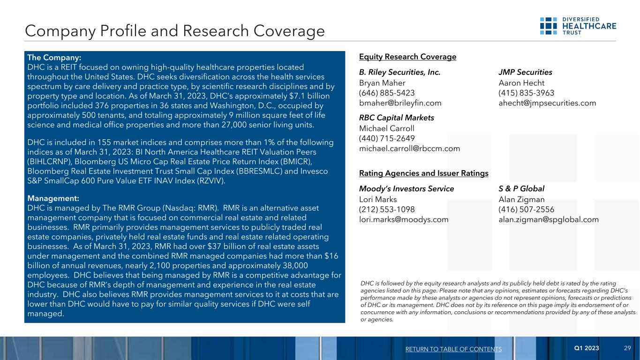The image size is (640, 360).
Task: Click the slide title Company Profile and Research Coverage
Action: pos(175,31)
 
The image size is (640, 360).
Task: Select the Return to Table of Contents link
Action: pos(452,349)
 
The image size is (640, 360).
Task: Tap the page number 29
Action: pos(627,348)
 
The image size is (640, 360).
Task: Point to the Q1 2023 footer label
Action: pos(587,348)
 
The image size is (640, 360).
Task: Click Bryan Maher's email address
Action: pos(400,103)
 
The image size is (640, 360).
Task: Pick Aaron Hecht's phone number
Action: pos(526,93)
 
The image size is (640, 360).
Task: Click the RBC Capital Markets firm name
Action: pos(396,118)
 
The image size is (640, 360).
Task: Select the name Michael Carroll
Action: pos(386,128)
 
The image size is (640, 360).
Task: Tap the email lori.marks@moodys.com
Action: pos(403,219)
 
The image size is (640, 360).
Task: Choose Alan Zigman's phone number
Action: pos(527,209)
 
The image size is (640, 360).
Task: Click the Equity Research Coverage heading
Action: pos(407,57)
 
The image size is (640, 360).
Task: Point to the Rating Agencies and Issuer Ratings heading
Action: pos(423,173)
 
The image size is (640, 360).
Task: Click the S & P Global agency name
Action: pos(521,188)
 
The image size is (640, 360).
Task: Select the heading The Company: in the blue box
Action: pos(55,58)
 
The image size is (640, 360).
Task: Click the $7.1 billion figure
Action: pos(313,96)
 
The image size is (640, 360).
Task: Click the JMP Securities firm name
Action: pos(525,72)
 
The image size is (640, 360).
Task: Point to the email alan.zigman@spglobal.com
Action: pos(549,219)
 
